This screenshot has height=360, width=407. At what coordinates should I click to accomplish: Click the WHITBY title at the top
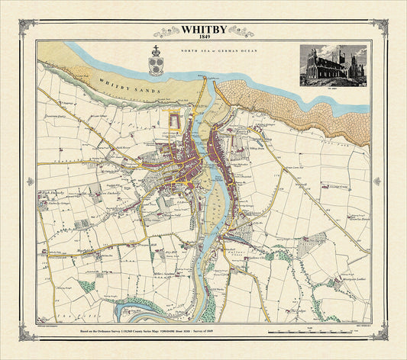pyautogui.click(x=202, y=30)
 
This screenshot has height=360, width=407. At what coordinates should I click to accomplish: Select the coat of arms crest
pyautogui.click(x=156, y=62)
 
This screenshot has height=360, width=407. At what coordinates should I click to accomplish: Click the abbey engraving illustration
pyautogui.click(x=336, y=67)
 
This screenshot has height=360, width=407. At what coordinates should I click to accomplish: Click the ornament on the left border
pyautogui.click(x=31, y=182)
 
